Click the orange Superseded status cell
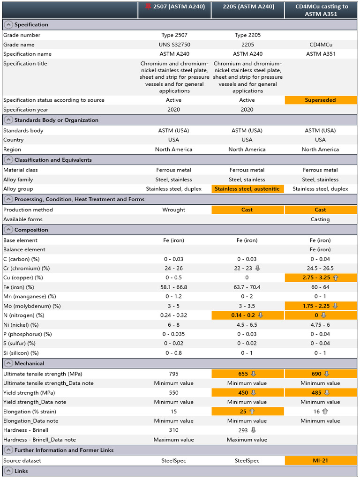click(321, 100)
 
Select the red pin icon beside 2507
click(149, 7)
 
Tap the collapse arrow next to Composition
click(8, 230)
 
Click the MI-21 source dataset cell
click(321, 461)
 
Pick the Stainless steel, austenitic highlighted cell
click(247, 189)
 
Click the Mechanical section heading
click(29, 363)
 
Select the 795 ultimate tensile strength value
click(174, 374)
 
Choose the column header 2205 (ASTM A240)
click(247, 7)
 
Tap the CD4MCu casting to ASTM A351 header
click(321, 10)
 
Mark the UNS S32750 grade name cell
click(174, 45)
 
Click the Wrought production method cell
click(174, 210)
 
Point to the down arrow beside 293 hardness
click(254, 430)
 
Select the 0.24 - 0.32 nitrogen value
click(174, 315)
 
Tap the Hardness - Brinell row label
click(26, 430)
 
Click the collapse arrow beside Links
click(8, 471)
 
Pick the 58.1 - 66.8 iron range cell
click(174, 287)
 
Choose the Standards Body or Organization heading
click(56, 120)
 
